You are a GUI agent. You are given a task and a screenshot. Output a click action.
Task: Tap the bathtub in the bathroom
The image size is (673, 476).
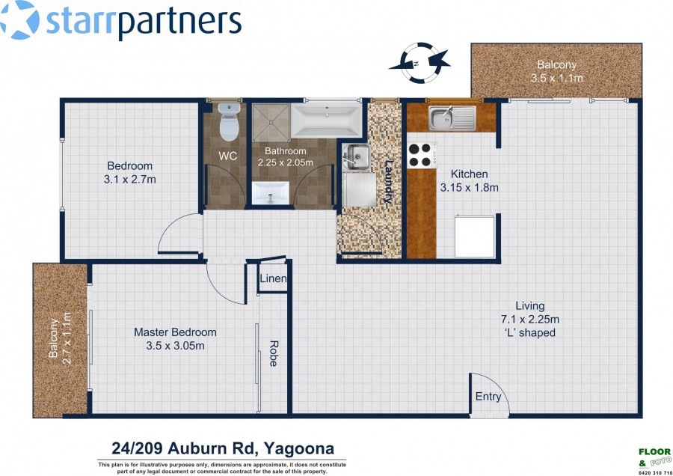(326, 120)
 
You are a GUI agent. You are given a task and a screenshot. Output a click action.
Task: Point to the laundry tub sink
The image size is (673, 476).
(356, 156)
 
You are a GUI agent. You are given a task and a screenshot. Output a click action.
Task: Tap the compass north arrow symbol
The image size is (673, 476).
(420, 63)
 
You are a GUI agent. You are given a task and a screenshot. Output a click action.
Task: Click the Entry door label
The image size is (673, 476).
(488, 397)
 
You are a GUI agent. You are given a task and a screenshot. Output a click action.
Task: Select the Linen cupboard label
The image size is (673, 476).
(273, 278)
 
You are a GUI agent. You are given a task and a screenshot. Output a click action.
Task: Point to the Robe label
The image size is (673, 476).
(273, 353)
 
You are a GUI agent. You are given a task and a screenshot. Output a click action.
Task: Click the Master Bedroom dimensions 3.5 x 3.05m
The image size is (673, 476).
(175, 346)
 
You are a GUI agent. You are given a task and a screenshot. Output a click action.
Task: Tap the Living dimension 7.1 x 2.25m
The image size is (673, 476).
(530, 319)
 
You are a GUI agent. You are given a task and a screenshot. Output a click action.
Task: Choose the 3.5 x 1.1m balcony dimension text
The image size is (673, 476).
(556, 78)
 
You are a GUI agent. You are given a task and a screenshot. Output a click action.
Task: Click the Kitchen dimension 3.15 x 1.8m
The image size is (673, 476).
(469, 187)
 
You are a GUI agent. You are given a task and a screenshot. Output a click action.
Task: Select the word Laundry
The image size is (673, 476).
(389, 182)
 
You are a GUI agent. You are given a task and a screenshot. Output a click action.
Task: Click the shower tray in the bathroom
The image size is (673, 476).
(271, 123)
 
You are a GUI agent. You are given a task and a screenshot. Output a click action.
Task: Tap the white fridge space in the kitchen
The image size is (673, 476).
(474, 237)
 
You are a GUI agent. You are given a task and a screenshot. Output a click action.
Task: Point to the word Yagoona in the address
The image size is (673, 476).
(298, 448)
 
